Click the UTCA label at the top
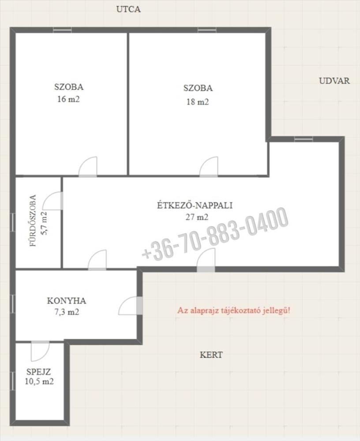[x=128, y=9]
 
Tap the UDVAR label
[x=334, y=81]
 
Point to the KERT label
[x=211, y=355]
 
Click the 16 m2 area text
[x=68, y=99]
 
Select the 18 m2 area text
[x=198, y=101]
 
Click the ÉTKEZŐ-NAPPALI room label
[x=195, y=205]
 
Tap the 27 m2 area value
[x=197, y=217]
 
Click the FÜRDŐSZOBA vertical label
[x=33, y=221]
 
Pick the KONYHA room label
[x=67, y=301]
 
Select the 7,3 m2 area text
[x=67, y=312]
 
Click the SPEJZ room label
[x=38, y=372]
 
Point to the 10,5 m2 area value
[x=39, y=381]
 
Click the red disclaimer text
[x=234, y=310]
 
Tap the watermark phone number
[x=215, y=234]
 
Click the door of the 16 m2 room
[x=87, y=167]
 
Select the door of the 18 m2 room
[x=209, y=167]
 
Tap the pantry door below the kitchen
[x=40, y=351]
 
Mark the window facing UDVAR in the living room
[x=304, y=139]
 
